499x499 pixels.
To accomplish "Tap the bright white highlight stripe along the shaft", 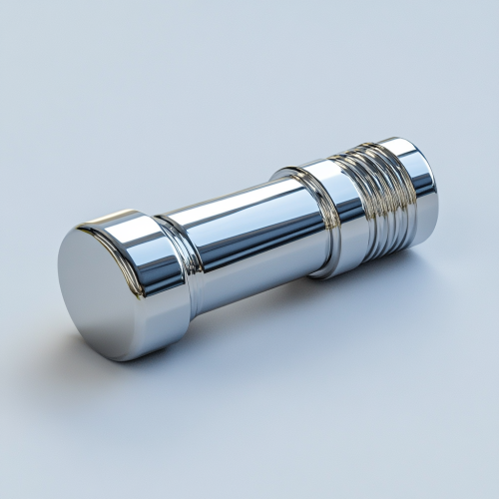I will coord(240,205).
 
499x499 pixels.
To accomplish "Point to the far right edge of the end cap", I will coord(437,195).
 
